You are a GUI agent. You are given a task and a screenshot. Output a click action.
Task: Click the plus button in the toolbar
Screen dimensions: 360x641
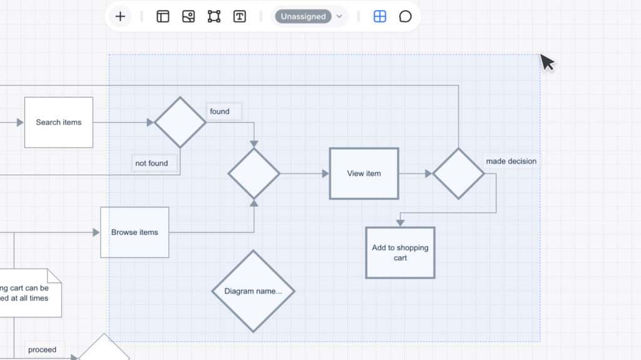(120, 16)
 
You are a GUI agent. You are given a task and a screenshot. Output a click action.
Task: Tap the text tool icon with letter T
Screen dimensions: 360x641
(240, 16)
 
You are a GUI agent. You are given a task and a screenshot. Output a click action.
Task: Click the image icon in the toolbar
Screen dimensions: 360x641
(188, 16)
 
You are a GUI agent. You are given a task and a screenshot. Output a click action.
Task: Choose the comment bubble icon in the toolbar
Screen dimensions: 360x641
(406, 16)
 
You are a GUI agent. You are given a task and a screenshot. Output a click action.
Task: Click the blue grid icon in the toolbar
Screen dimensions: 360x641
(380, 16)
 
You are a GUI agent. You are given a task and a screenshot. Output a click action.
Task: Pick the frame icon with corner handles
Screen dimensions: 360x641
(214, 16)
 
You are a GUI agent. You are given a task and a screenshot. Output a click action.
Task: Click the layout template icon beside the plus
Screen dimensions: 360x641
(163, 16)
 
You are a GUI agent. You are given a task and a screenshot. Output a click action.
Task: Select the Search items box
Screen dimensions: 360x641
(59, 122)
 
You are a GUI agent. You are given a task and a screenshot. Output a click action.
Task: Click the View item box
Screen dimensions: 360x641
(364, 173)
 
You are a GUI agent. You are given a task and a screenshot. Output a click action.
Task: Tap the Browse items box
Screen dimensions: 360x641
(135, 232)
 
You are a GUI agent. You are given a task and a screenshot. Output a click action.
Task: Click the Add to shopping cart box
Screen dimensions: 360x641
(400, 252)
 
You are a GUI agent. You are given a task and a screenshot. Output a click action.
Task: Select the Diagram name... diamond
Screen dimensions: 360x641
(253, 291)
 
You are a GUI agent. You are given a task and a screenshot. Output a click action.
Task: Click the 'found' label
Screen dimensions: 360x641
(220, 111)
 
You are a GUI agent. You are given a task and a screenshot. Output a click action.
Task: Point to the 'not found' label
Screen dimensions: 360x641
(151, 163)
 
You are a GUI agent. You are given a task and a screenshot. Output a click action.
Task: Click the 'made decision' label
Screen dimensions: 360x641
(511, 161)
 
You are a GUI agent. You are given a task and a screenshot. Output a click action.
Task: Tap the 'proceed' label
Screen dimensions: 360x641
(42, 349)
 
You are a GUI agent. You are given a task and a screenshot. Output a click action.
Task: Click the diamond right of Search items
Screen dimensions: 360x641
(180, 122)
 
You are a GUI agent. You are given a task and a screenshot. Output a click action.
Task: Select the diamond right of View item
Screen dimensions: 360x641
(458, 173)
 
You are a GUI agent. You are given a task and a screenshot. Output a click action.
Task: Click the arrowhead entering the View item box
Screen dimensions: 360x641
(326, 173)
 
